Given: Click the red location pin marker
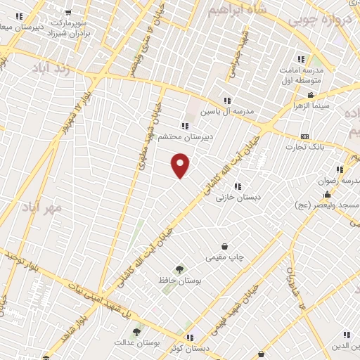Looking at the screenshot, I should [x=181, y=165].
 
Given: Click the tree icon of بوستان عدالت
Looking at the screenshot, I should [x=136, y=332].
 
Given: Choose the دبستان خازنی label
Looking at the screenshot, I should [x=238, y=198].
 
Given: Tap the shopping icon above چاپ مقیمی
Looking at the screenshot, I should [x=224, y=247].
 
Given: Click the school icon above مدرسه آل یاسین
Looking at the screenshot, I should [x=226, y=101].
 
